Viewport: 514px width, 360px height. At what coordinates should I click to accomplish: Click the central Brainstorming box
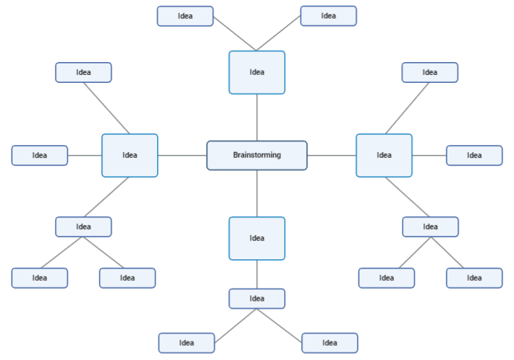point(257,155)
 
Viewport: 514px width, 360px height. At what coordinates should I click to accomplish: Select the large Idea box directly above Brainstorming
point(257,72)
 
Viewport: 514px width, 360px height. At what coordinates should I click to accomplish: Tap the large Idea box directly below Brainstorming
point(257,238)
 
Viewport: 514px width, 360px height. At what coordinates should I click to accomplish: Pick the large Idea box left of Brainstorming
point(129,155)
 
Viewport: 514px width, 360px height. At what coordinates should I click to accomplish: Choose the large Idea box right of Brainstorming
point(384,155)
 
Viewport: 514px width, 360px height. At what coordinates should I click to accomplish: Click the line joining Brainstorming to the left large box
point(182,155)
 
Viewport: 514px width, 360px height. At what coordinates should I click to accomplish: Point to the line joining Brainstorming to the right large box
point(331,155)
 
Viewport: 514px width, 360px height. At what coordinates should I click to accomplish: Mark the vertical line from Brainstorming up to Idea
point(257,117)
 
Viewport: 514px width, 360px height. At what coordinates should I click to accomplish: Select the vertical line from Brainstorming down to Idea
point(257,193)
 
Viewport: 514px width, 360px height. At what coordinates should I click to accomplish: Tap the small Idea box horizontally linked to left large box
point(39,155)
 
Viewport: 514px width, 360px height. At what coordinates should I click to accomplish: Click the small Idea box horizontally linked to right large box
point(474,155)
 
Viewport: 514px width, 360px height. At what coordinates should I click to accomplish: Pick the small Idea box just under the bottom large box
point(257,298)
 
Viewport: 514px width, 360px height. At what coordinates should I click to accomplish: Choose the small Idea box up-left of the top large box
point(185,16)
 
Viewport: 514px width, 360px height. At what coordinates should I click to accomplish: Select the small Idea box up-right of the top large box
point(328,16)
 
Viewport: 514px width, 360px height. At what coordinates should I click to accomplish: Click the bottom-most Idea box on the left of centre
point(186,343)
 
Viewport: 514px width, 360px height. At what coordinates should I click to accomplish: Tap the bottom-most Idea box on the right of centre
point(329,343)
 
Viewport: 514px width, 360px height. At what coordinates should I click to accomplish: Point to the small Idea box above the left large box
point(84,72)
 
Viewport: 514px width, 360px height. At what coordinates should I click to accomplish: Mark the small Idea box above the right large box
point(430,72)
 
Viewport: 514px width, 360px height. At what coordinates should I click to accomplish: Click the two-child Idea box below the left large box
point(84,226)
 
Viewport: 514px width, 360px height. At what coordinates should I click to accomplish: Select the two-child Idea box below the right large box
point(430,226)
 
